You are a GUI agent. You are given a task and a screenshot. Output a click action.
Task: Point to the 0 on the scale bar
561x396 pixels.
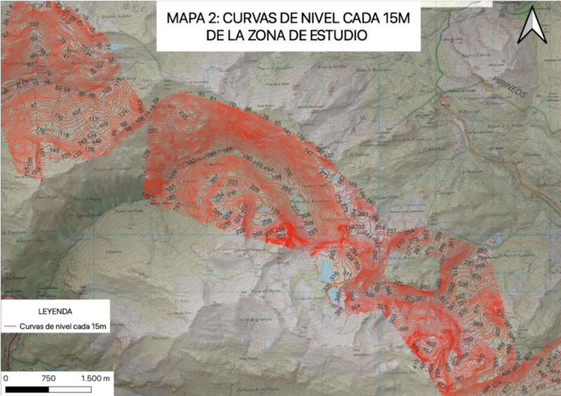pos(6,378)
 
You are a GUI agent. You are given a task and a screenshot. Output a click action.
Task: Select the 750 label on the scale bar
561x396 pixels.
pos(48,378)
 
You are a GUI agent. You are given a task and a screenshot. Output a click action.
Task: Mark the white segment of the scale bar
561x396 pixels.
pos(70,388)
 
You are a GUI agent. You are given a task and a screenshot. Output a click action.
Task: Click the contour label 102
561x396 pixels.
pos(34,24)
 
